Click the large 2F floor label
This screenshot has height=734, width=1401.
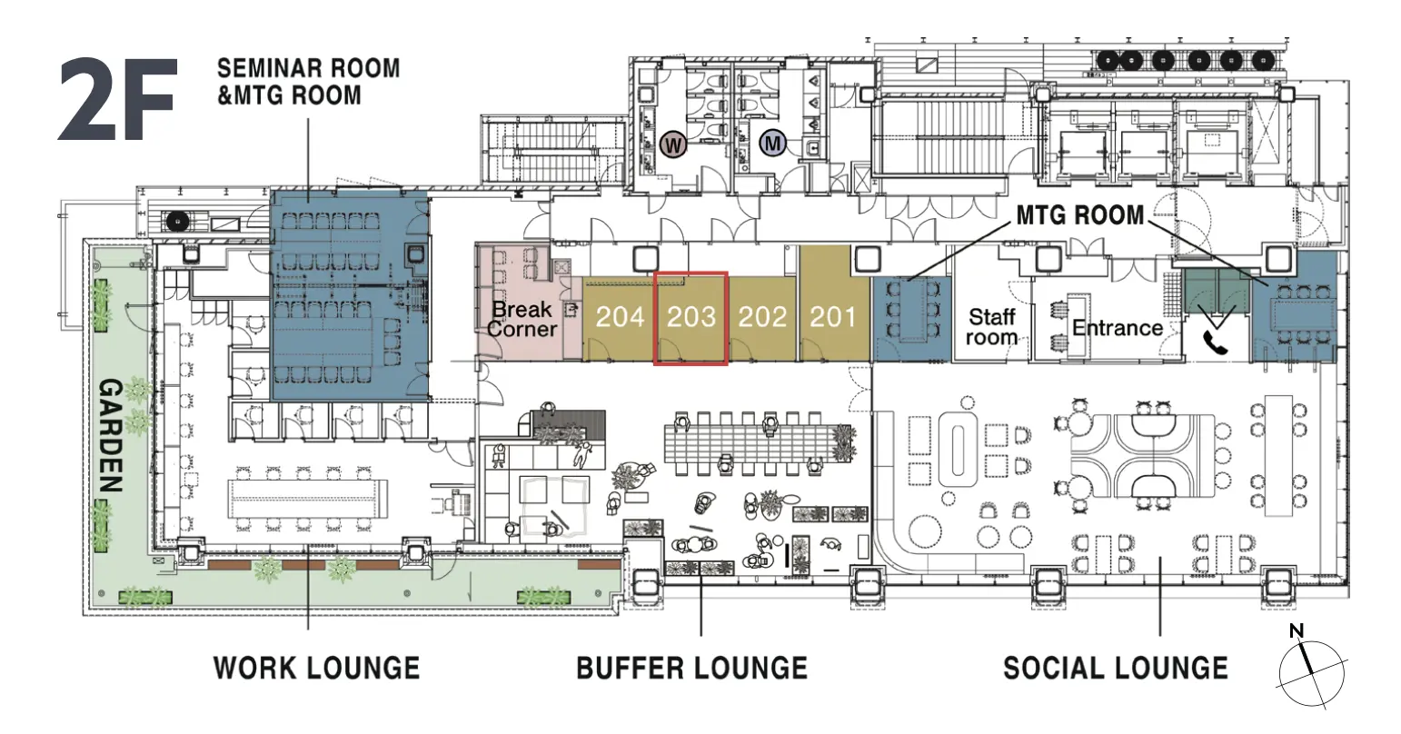tap(117, 100)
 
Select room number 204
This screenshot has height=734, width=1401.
tap(620, 317)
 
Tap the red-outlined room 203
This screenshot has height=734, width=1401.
tap(691, 318)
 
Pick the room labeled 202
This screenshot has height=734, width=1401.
tap(762, 317)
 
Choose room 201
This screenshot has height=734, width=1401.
tap(833, 317)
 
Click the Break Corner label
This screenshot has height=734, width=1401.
tap(522, 319)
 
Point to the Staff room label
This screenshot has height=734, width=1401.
tap(991, 327)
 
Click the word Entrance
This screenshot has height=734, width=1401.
tap(1118, 328)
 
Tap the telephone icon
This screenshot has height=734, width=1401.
tap(1214, 342)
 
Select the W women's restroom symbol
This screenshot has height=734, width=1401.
tap(673, 145)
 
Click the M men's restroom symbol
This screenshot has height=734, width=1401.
tap(773, 144)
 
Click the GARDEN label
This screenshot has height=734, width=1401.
tap(111, 436)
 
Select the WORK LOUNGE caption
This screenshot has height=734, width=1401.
tap(316, 668)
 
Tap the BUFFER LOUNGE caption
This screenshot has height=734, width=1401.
tap(691, 668)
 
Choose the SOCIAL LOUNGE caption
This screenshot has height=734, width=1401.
tap(1116, 668)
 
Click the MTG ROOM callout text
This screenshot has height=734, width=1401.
tap(1080, 215)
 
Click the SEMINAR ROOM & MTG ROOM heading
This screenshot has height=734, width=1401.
tap(308, 82)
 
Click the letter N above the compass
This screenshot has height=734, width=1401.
tap(1297, 630)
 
